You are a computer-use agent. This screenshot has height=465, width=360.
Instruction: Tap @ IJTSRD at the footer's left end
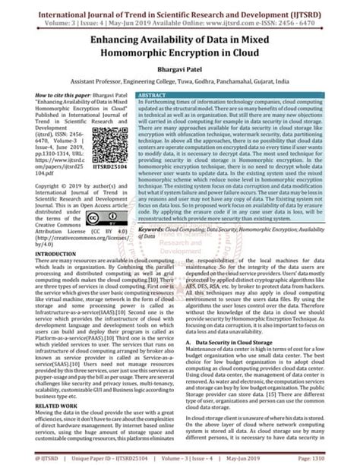pyautogui.click(x=21, y=457)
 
